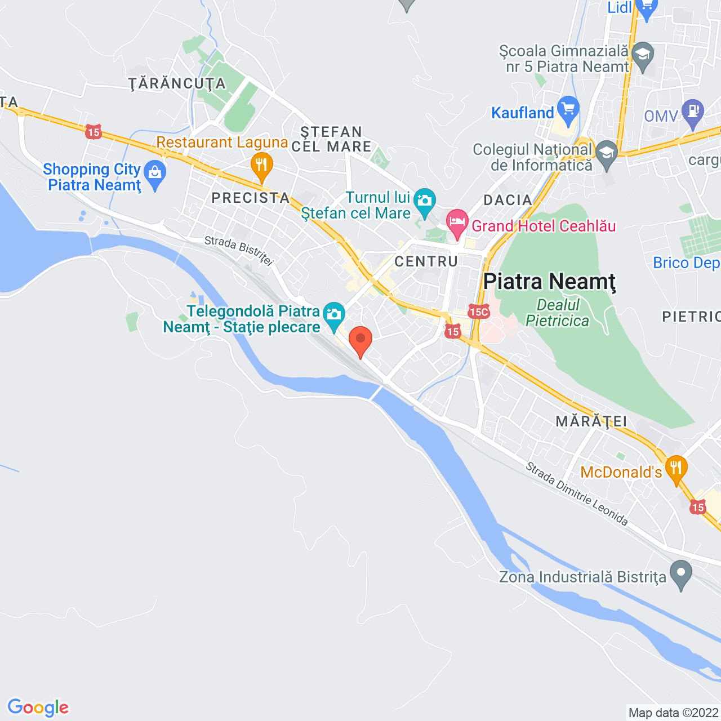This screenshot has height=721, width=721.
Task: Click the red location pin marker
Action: pos(360,340)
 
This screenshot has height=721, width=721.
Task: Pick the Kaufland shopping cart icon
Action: pos(568,110)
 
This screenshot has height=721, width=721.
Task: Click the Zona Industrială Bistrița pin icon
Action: pos(681,574)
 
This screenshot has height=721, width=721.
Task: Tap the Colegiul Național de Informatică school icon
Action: pos(607,154)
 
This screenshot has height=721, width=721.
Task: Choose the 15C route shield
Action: pos(478,311)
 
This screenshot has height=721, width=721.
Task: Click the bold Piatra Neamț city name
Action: pos(549,282)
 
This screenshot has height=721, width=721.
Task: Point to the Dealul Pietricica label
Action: pos(558,313)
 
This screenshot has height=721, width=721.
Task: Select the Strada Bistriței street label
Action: pos(239,250)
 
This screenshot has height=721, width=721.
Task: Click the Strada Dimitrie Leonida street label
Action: pos(577,494)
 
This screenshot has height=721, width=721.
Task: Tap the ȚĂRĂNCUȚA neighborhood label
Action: pos(177,84)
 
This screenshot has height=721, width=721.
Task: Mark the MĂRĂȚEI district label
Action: pos(591,421)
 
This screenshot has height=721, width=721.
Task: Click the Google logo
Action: pos(38,707)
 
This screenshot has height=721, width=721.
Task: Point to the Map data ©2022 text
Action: pos(674,713)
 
